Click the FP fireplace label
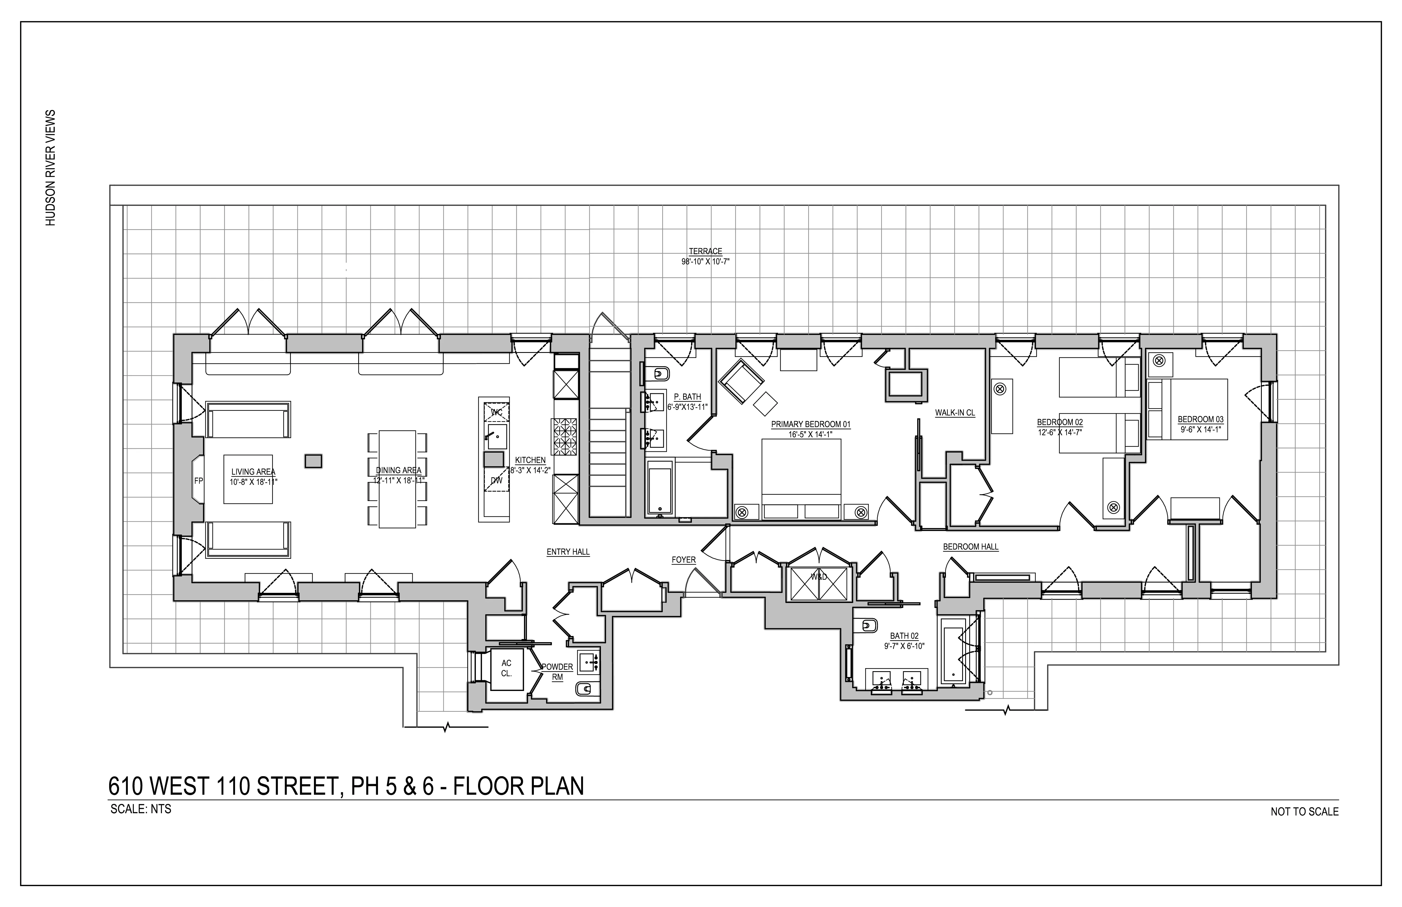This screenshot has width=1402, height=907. tap(198, 481)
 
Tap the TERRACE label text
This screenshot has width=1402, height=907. tap(705, 251)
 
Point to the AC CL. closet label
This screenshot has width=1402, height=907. tap(506, 668)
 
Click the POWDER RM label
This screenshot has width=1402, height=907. tap(557, 671)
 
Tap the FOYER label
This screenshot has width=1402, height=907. tap(683, 560)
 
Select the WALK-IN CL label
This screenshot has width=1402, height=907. tap(955, 413)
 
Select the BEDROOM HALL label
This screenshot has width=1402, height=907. tap(970, 547)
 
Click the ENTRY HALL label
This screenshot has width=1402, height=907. tap(568, 552)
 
